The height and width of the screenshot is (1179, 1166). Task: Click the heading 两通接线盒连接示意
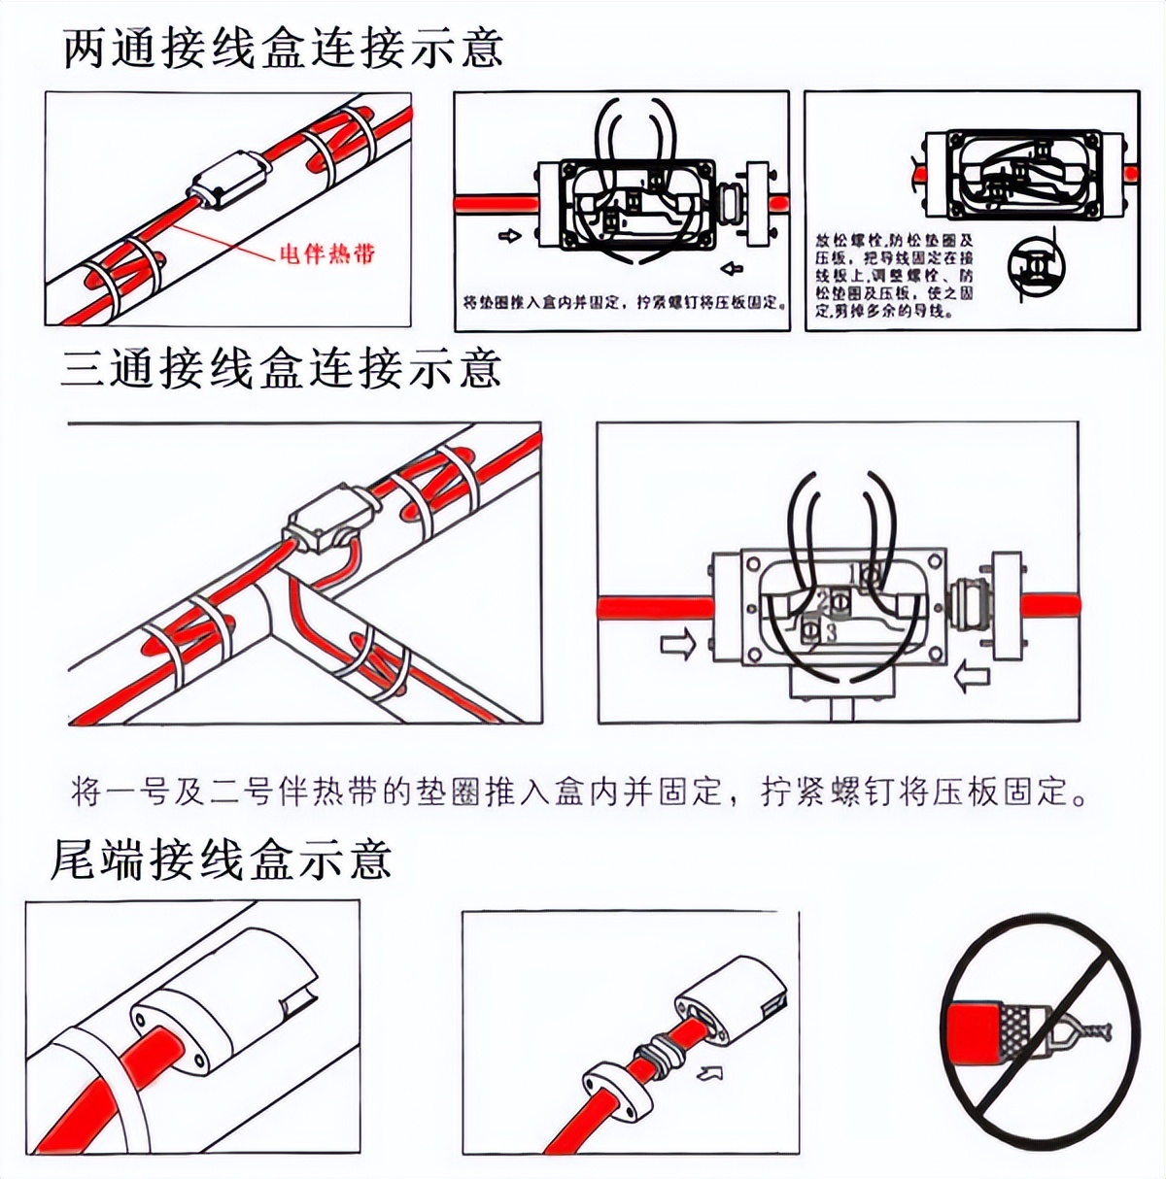coord(283,49)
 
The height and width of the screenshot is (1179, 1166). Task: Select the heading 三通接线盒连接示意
coord(281,370)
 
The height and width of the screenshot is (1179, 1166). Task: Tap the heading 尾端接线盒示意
coord(221,859)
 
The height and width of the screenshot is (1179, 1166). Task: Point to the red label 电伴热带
coord(326,254)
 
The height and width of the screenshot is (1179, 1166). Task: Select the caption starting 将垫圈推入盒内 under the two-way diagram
coord(622,303)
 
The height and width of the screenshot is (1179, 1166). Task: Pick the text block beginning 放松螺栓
coord(894,275)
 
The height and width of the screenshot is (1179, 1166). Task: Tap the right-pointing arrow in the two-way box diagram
coord(509,236)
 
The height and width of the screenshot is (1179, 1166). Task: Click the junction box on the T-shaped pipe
coord(326,524)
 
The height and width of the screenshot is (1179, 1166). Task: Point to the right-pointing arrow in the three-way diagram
coord(677,644)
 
